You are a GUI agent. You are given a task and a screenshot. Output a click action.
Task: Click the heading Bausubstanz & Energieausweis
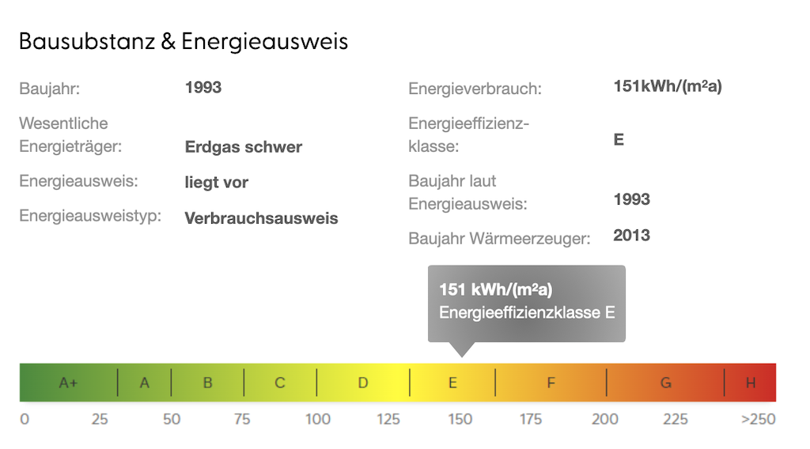coord(183,42)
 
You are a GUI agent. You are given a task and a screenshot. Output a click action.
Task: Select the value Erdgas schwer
coord(243,147)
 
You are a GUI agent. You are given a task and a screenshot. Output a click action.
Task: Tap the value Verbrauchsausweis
coord(261,218)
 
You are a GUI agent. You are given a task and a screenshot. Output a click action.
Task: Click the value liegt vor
coord(216,183)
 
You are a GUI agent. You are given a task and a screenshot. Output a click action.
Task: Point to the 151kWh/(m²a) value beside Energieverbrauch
coord(667,86)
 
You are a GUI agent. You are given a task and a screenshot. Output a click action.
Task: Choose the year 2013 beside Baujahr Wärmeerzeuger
coord(631,235)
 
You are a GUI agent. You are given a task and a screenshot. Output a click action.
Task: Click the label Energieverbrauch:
coord(475,89)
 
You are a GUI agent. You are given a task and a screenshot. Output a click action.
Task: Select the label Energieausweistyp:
coord(89,216)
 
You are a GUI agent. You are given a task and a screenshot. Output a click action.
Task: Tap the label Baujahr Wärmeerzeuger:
coord(499,238)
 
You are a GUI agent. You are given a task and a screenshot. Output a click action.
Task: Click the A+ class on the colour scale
coord(69,383)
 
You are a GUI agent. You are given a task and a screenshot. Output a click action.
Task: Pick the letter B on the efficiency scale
coord(207,383)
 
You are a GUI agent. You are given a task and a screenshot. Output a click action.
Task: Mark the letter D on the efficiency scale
coord(362,383)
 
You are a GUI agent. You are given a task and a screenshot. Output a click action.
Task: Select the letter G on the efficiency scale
coord(666,383)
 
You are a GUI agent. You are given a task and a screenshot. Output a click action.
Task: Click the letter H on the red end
coord(751,383)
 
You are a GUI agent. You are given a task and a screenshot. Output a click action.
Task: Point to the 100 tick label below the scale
coord(318,419)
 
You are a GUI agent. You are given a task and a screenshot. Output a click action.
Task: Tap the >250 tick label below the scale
coord(758,419)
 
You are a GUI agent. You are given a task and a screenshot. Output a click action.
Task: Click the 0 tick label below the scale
coord(25,419)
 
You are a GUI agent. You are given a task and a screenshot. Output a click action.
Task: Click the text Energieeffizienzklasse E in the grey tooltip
coord(527,312)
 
